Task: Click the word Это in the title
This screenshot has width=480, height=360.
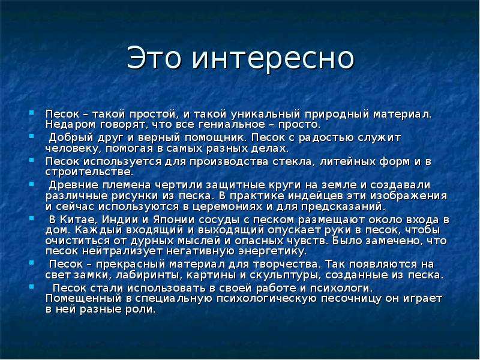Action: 154,58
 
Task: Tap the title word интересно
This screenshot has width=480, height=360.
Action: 273,58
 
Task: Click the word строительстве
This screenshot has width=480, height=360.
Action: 89,172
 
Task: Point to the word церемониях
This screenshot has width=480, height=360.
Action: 227,206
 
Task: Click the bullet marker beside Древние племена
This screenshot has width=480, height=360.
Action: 32,184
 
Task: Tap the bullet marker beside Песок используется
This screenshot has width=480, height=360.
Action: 32,160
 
